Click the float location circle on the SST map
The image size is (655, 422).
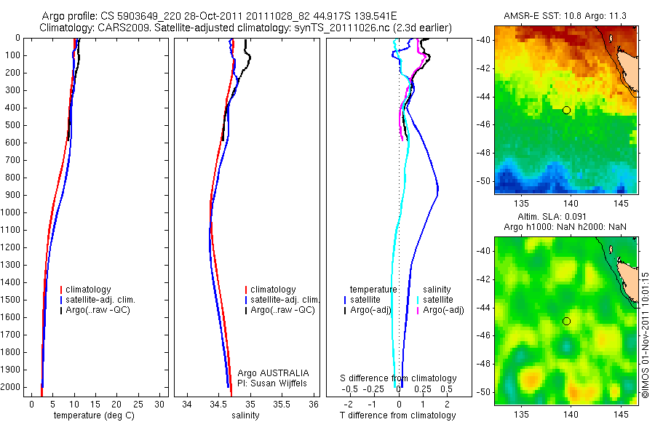tap(566, 110)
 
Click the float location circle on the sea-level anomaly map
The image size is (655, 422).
tap(566, 321)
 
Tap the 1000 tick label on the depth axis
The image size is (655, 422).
tap(12, 212)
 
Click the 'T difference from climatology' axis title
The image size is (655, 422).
tap(397, 415)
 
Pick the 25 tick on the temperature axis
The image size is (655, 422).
tap(138, 403)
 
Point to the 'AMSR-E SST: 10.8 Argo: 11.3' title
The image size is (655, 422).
tap(565, 16)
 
